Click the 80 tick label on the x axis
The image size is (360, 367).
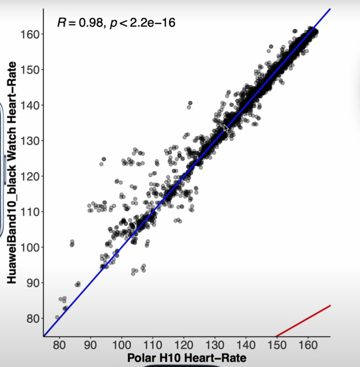click(60, 346)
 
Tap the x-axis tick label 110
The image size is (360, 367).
click(153, 346)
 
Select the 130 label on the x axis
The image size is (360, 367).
click(215, 346)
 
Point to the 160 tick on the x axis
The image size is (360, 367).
click(308, 346)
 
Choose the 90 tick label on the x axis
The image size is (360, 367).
click(91, 346)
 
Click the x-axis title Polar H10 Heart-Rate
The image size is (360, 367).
click(187, 358)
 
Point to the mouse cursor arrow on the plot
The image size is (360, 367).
click(226, 128)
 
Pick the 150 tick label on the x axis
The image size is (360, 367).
click(276, 346)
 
